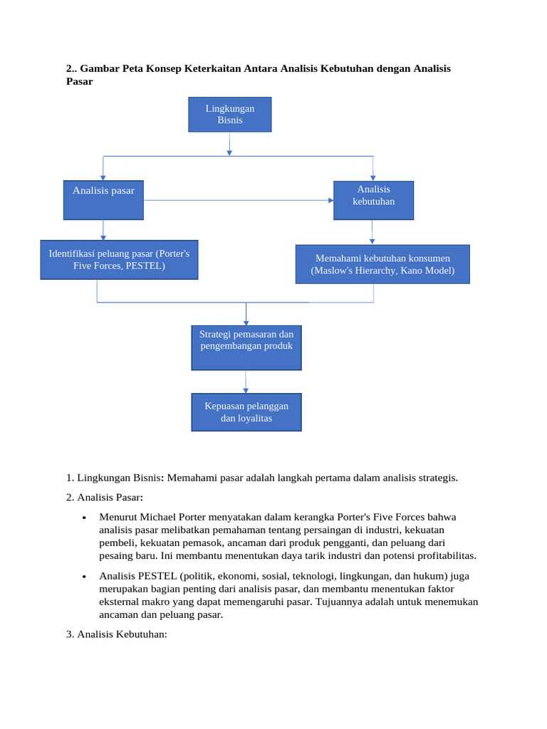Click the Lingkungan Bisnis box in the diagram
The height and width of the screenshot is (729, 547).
pyautogui.click(x=229, y=115)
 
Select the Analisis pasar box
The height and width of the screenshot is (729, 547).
pyautogui.click(x=103, y=200)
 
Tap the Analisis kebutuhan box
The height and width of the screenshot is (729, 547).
pyautogui.click(x=373, y=200)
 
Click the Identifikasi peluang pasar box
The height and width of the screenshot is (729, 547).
pyautogui.click(x=119, y=260)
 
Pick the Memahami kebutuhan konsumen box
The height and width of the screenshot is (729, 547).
pyautogui.click(x=382, y=264)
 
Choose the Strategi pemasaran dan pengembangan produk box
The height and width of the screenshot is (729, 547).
pyautogui.click(x=246, y=347)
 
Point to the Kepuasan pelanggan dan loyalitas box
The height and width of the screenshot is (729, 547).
pyautogui.click(x=246, y=412)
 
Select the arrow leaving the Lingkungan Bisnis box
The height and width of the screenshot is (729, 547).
pyautogui.click(x=229, y=144)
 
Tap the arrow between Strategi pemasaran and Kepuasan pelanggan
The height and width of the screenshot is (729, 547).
pyautogui.click(x=246, y=382)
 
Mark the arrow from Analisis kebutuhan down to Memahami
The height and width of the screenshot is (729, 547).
pyautogui.click(x=372, y=232)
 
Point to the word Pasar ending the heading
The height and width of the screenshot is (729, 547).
pyautogui.click(x=79, y=82)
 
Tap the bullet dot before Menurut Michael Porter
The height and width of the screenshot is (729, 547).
pyautogui.click(x=85, y=518)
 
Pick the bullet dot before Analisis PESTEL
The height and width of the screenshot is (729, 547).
pyautogui.click(x=85, y=577)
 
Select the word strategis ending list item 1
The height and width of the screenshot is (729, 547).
pyautogui.click(x=437, y=478)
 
